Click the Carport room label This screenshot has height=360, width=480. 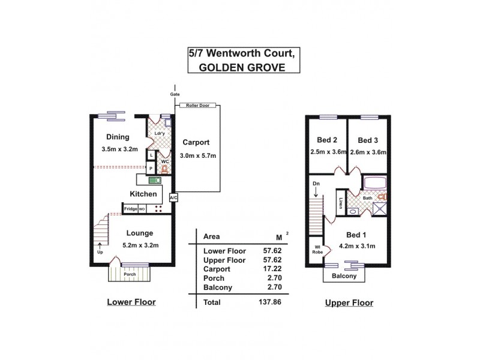tap(196, 143)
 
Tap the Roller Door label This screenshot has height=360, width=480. tap(196, 105)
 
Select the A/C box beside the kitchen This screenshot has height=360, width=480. tap(173, 197)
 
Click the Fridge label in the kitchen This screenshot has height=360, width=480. tap(130, 209)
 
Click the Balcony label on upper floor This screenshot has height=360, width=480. tap(345, 277)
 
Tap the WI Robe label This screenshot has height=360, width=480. tap(316, 250)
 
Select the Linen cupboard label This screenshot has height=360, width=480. tap(340, 203)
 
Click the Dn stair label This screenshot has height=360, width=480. tap(316, 184)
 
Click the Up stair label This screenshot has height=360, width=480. tap(100, 252)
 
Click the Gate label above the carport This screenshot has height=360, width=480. tap(175, 95)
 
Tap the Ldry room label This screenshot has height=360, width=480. tap(159, 133)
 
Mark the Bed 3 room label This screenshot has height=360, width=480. tap(368, 141)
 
